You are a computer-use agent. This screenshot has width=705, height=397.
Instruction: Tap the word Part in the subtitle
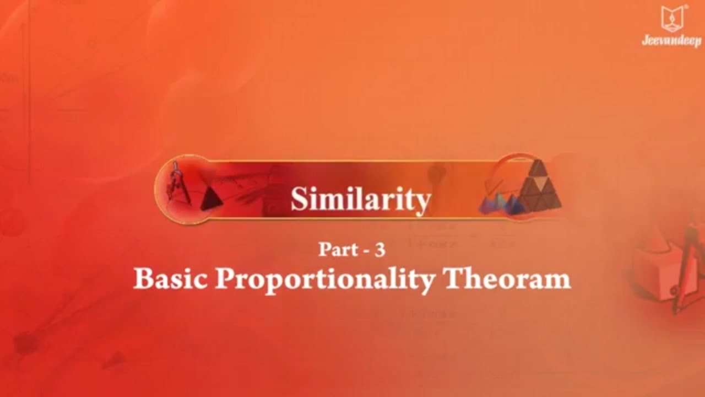[x=334, y=250]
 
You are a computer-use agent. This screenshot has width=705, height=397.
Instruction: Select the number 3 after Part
[x=379, y=250]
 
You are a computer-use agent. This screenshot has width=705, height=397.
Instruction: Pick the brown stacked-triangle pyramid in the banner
[x=539, y=185]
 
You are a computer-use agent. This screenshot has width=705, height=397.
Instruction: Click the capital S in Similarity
[x=298, y=200]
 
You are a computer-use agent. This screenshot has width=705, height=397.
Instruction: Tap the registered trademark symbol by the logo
[x=686, y=7]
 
